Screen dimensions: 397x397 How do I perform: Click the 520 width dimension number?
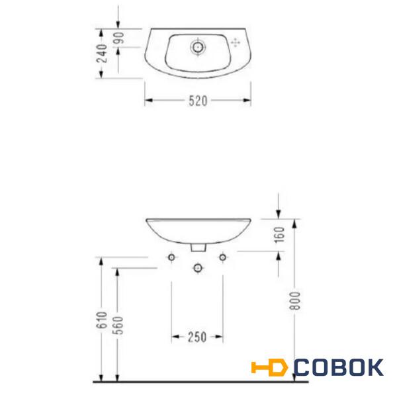pos(198,101)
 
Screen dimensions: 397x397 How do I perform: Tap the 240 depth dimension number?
pos(102,53)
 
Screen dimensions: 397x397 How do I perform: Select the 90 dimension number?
pos(118,38)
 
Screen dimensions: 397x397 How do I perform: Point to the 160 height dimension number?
pos(279,235)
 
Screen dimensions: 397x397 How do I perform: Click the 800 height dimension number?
pos(295,300)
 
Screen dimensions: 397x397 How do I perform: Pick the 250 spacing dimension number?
pos(197,337)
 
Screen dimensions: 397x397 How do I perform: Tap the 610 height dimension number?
pos(102,320)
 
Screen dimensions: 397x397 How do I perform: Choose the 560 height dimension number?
pos(118,326)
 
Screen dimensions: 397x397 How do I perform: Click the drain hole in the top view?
pos(198,47)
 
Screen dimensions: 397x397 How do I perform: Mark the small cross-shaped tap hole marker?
pos(236,43)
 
